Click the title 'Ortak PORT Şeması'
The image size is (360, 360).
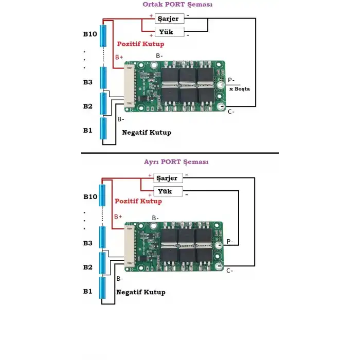[x=177, y=4]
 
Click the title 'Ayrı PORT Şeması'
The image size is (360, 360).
[x=176, y=161]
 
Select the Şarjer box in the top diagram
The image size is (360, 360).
[x=169, y=19]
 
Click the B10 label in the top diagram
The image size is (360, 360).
[x=90, y=34]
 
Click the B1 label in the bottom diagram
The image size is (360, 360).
[x=88, y=292]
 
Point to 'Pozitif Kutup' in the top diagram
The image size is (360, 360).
[x=141, y=44]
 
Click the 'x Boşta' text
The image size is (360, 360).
[x=239, y=89]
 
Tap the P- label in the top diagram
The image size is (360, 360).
[x=231, y=80]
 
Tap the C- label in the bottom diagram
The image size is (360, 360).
[x=229, y=270]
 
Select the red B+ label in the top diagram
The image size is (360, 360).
[x=119, y=57]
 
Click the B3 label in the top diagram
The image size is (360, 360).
[x=88, y=82]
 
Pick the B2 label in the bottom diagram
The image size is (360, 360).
[x=88, y=267]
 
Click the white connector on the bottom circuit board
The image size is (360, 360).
[x=129, y=246]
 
